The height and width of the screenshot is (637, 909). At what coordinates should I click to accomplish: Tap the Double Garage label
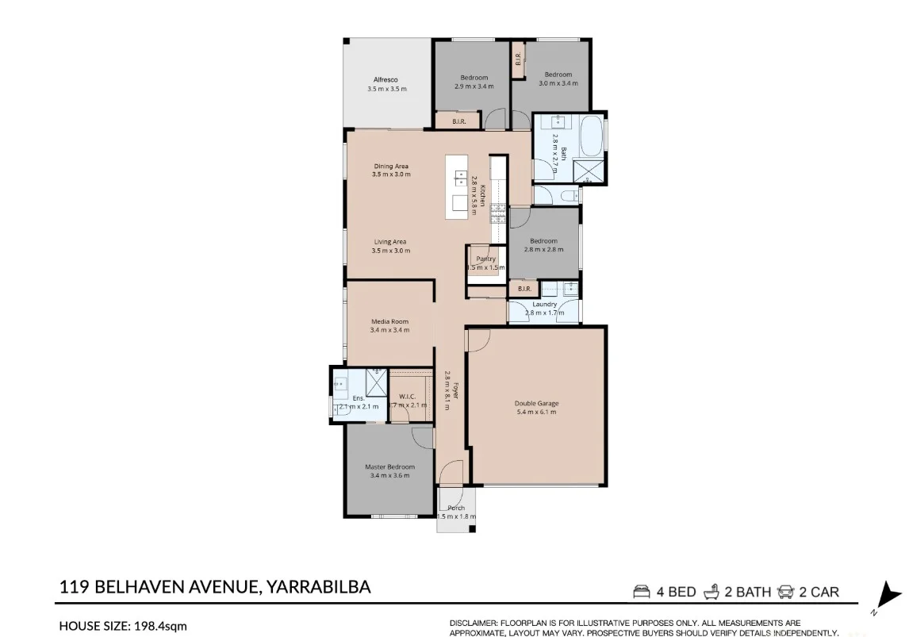[x=536, y=403]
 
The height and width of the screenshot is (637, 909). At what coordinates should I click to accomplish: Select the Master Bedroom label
[x=389, y=467]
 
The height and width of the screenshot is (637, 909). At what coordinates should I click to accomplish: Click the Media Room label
[x=389, y=321]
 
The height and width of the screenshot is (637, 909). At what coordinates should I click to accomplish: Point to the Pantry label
[x=485, y=259]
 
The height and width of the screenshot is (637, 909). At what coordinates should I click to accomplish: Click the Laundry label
[x=544, y=304]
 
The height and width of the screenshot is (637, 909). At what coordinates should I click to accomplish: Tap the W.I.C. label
[x=408, y=397]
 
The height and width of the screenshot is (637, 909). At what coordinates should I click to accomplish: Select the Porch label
[x=456, y=508]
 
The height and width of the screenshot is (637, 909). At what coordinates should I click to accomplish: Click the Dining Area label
[x=391, y=166]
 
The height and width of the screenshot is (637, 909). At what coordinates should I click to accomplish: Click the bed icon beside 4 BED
[x=641, y=592]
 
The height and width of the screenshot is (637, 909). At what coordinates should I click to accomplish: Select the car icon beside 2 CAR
[x=786, y=592]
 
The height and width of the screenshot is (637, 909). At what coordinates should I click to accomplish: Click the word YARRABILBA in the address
[x=320, y=588]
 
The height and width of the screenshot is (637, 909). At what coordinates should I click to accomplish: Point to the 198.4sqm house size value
[x=159, y=626]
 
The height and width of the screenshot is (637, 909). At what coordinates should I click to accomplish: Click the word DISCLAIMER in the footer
[x=474, y=623]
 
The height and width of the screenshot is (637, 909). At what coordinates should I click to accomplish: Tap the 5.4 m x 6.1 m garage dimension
[x=536, y=412]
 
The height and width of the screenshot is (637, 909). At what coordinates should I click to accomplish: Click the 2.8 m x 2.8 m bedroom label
[x=543, y=249]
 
